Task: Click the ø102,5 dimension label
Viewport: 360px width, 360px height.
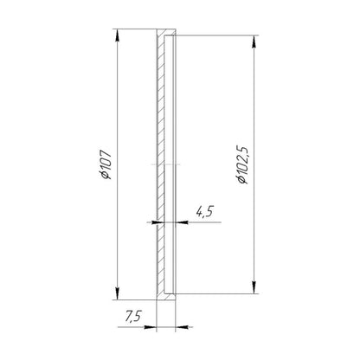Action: coord(241,164)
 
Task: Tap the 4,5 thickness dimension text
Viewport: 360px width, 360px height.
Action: coord(204,212)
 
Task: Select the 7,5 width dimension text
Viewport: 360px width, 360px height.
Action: coord(132,317)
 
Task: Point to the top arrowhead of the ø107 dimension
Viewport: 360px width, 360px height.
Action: coord(117,35)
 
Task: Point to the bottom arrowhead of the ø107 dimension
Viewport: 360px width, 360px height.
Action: coord(117,293)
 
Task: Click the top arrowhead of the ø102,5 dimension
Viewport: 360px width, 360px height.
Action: coord(254,42)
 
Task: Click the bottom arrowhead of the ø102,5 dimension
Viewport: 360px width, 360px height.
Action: coord(254,287)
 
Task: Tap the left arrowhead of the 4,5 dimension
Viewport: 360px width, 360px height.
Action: coord(157,222)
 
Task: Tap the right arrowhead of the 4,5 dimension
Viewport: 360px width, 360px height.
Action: coord(182,222)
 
